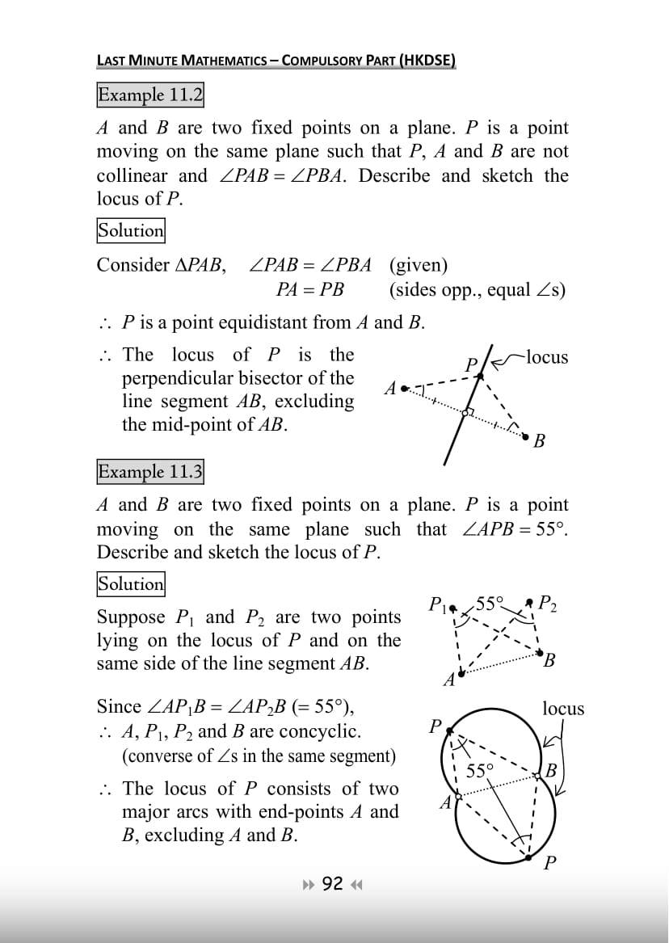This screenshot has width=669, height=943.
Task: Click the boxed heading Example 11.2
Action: point(150,95)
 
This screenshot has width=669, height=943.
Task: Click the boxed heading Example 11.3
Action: point(150,471)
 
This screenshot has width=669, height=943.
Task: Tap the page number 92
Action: point(332,883)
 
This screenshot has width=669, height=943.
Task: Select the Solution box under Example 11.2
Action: point(131,230)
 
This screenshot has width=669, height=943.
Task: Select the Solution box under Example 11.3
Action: point(131,583)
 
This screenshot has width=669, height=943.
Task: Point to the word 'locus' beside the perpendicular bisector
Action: point(546,357)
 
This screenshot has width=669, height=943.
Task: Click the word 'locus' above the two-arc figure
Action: point(563,709)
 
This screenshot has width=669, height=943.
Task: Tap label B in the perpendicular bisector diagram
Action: point(540,441)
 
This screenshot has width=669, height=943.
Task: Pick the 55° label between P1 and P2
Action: point(490,601)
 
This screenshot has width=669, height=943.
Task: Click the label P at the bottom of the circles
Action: point(550,863)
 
